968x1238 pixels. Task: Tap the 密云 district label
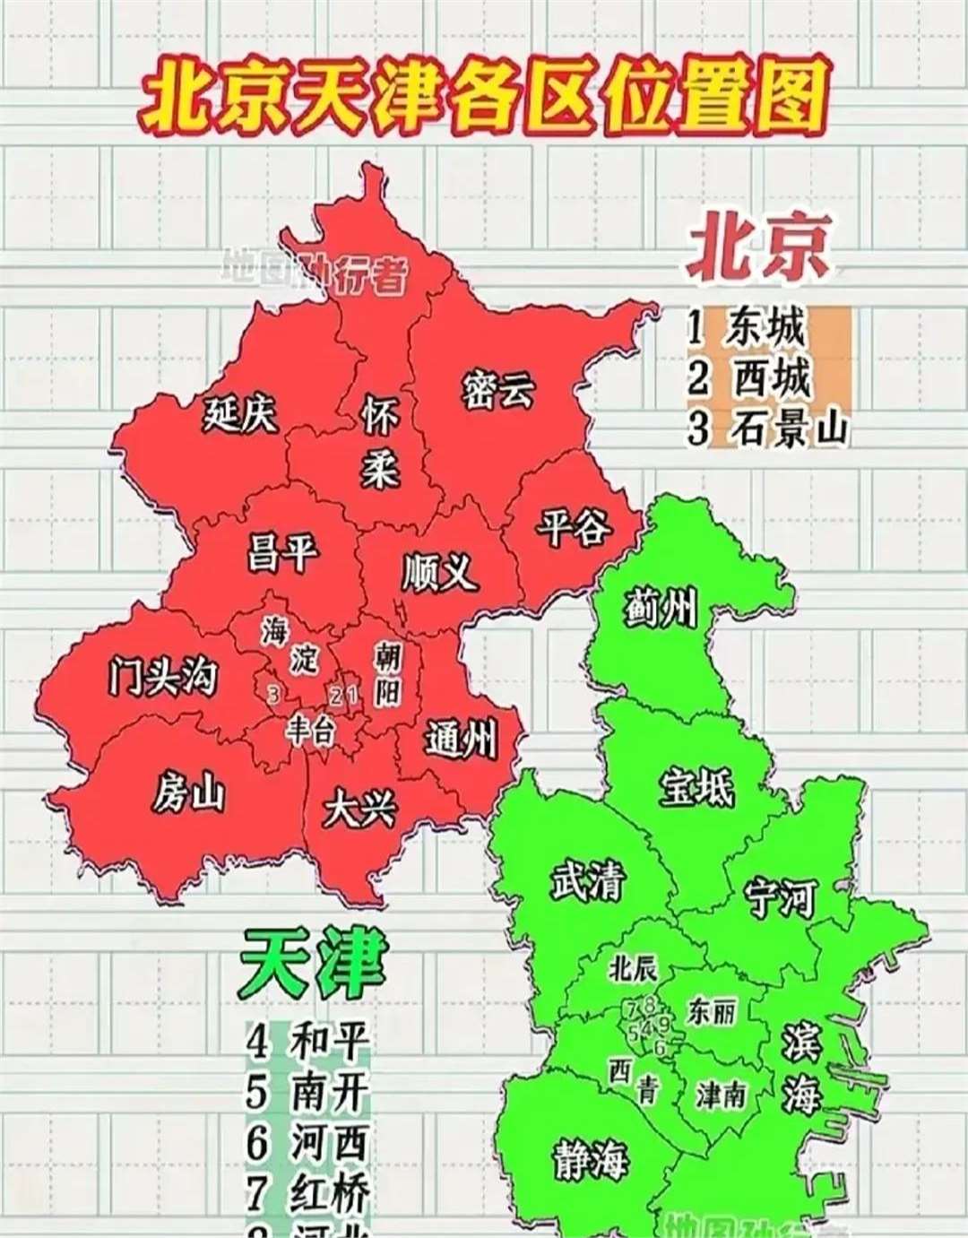(x=498, y=390)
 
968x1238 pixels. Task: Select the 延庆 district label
(x=239, y=414)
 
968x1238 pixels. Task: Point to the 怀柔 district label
(x=380, y=442)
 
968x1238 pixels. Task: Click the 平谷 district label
(x=574, y=527)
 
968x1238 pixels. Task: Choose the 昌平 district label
(x=281, y=552)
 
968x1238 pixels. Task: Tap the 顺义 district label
(x=439, y=570)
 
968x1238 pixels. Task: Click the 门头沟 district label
(x=162, y=674)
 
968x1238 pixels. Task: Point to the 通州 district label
(x=461, y=740)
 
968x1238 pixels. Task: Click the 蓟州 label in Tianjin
(x=659, y=610)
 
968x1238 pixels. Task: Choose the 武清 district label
(x=587, y=882)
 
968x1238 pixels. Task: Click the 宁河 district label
(x=781, y=896)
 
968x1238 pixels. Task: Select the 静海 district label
(x=591, y=1159)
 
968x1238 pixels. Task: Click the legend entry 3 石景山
(x=767, y=429)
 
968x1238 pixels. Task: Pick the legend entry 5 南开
(x=307, y=1091)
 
